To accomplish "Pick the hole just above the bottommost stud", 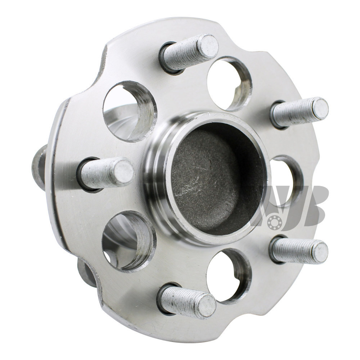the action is (x=229, y=275).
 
